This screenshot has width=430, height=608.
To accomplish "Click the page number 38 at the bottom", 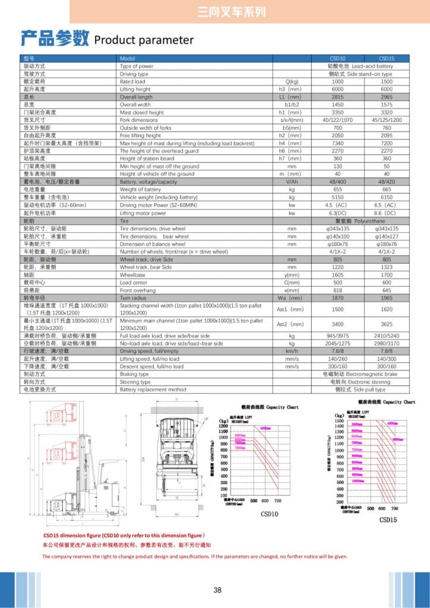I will point(217,590).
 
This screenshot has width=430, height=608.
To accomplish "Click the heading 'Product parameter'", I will point(144,40).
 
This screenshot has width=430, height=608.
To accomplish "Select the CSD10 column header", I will point(337,59).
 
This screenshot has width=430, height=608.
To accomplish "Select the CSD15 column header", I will point(387,59).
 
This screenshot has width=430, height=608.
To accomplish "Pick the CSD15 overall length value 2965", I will point(387,97).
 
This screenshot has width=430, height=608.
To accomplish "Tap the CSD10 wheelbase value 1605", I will point(337,275).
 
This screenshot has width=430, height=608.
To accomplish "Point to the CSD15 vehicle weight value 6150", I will point(387,197).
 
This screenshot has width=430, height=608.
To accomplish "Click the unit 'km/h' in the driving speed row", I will point(292,351).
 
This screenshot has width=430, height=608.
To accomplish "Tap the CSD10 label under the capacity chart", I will point(270,513).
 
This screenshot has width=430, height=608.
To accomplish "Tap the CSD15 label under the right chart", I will point(388,520).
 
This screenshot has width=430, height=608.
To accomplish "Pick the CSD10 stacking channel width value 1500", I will point(337,309).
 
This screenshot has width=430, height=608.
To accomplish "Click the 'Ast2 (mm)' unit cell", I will point(291,324).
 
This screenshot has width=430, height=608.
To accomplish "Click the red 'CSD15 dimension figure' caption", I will point(124,535).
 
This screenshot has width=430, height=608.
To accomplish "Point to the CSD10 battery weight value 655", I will point(337,189).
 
